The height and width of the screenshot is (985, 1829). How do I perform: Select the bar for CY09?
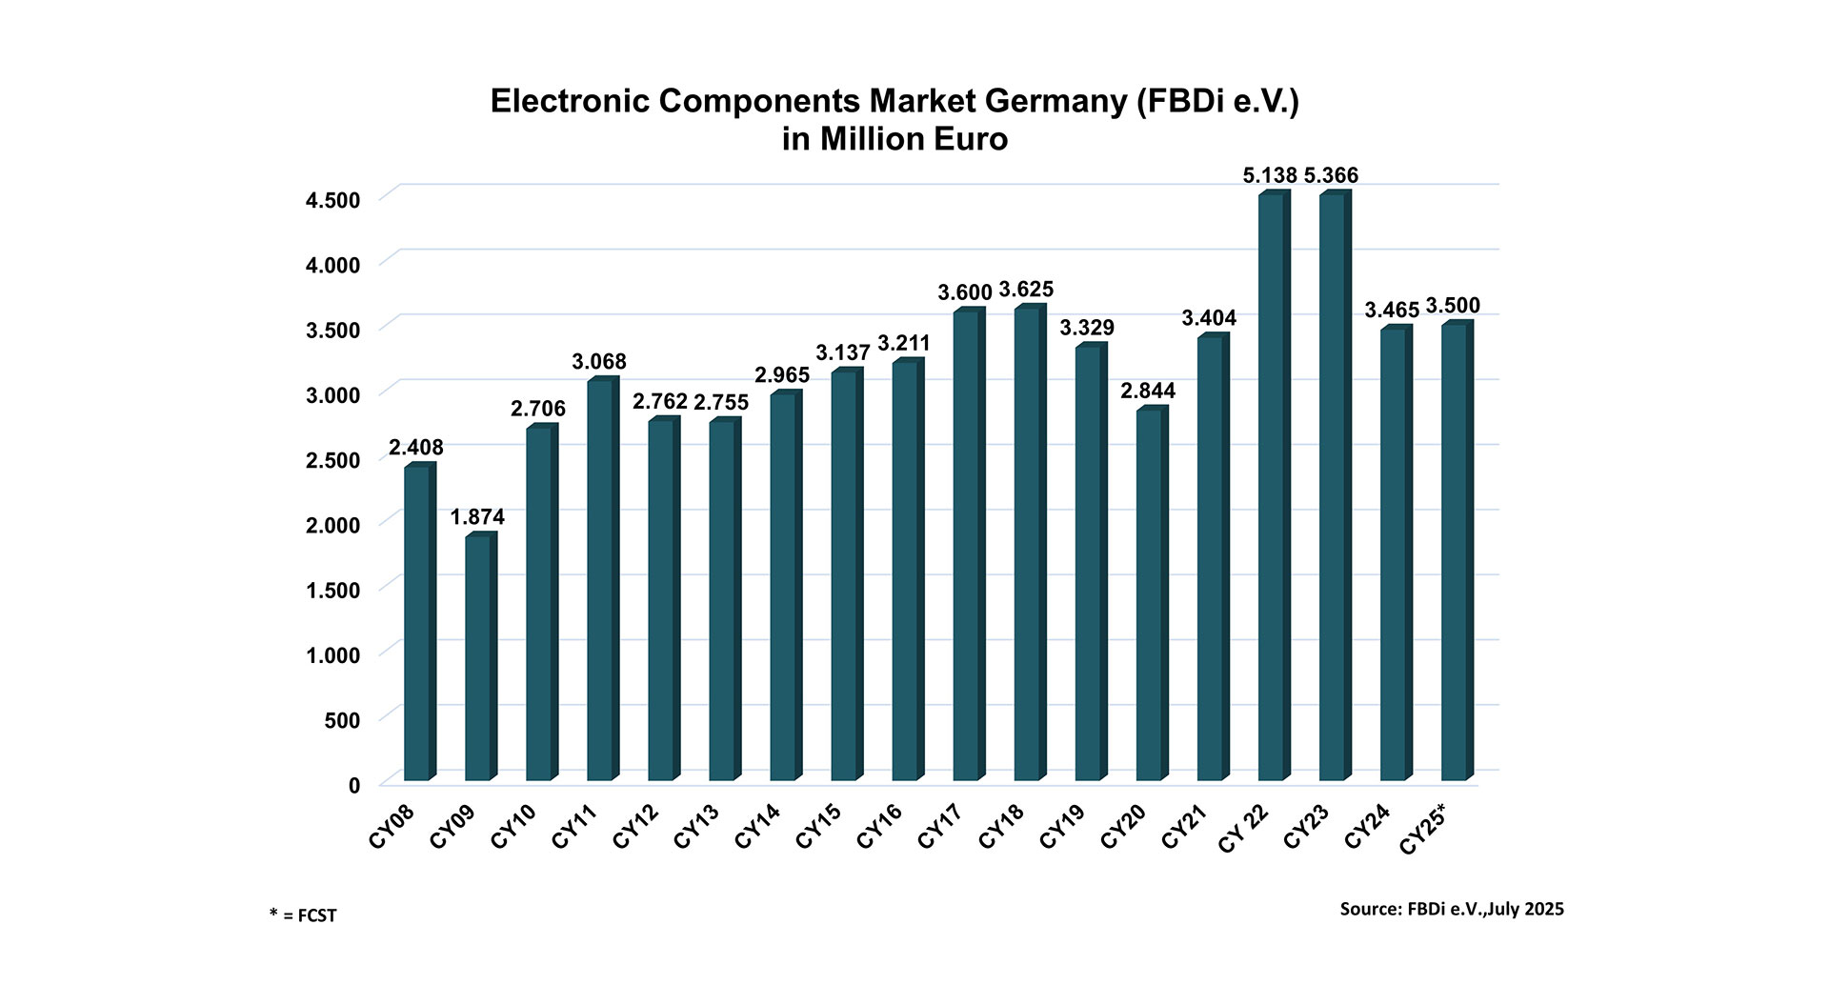[x=479, y=657]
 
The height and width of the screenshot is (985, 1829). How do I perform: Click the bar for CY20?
[x=1151, y=594]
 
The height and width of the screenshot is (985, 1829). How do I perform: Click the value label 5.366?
[x=1331, y=175]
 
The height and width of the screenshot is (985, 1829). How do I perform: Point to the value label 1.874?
[x=477, y=517]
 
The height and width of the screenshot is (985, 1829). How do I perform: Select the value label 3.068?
[x=599, y=362]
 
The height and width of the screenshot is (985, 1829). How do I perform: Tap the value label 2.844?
[x=1148, y=392]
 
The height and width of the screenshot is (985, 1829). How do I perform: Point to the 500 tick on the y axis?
[x=342, y=721]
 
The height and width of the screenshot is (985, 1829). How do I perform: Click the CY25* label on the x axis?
[x=1423, y=829]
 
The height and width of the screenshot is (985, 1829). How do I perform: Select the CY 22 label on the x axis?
[x=1242, y=829]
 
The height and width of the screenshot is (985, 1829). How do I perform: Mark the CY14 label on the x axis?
[x=757, y=827]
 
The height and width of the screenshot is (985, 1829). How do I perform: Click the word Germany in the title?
[x=1043, y=101]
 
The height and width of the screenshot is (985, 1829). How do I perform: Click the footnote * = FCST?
[x=303, y=916]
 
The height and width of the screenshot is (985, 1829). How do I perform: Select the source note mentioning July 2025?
[x=1452, y=909]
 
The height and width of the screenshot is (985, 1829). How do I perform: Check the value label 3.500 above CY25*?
[x=1453, y=306]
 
